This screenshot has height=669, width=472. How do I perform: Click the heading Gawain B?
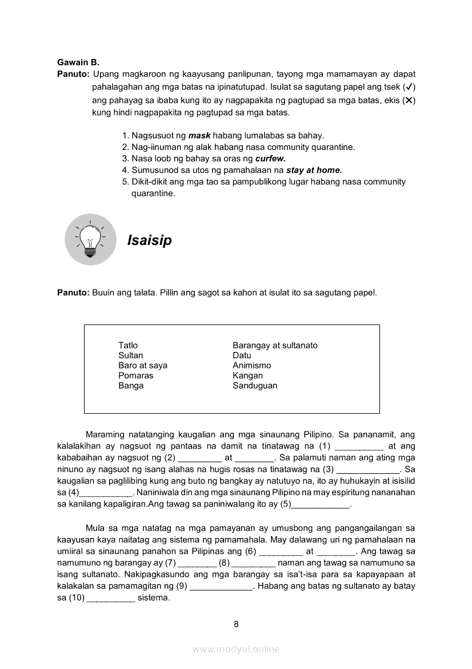(x=78, y=62)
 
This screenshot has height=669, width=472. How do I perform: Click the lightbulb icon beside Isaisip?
(x=90, y=239)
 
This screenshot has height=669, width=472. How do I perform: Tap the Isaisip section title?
(x=149, y=240)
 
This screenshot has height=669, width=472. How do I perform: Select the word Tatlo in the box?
(x=128, y=345)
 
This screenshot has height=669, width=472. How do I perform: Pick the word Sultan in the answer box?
(x=131, y=355)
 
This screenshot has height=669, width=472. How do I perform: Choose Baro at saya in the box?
(x=143, y=365)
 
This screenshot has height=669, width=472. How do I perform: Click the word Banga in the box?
(x=131, y=386)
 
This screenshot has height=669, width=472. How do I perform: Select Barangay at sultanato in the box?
(x=275, y=345)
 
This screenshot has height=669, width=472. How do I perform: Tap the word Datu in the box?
(x=242, y=355)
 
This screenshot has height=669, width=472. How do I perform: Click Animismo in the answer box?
(x=252, y=365)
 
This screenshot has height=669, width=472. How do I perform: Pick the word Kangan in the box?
(x=247, y=375)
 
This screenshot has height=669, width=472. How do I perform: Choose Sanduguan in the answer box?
(x=255, y=386)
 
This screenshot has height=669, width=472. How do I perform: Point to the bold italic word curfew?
(x=270, y=159)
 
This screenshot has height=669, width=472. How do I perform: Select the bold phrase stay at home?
(x=314, y=170)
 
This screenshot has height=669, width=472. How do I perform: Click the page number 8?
(x=236, y=624)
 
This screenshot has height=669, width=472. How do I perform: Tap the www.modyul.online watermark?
(x=236, y=650)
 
